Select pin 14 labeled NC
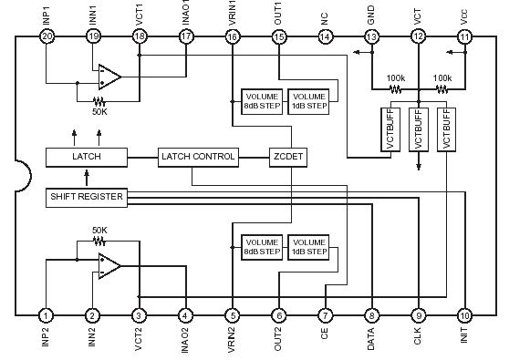click(325, 36)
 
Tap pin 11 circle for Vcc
click(464, 36)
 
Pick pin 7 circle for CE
click(325, 314)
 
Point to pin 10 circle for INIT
click(464, 314)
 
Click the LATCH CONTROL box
click(198, 157)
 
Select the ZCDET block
click(287, 157)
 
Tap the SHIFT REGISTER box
click(85, 196)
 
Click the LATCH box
click(86, 157)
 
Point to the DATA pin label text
click(371, 340)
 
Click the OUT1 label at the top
click(277, 14)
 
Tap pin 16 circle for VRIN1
click(232, 36)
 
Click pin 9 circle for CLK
click(418, 314)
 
